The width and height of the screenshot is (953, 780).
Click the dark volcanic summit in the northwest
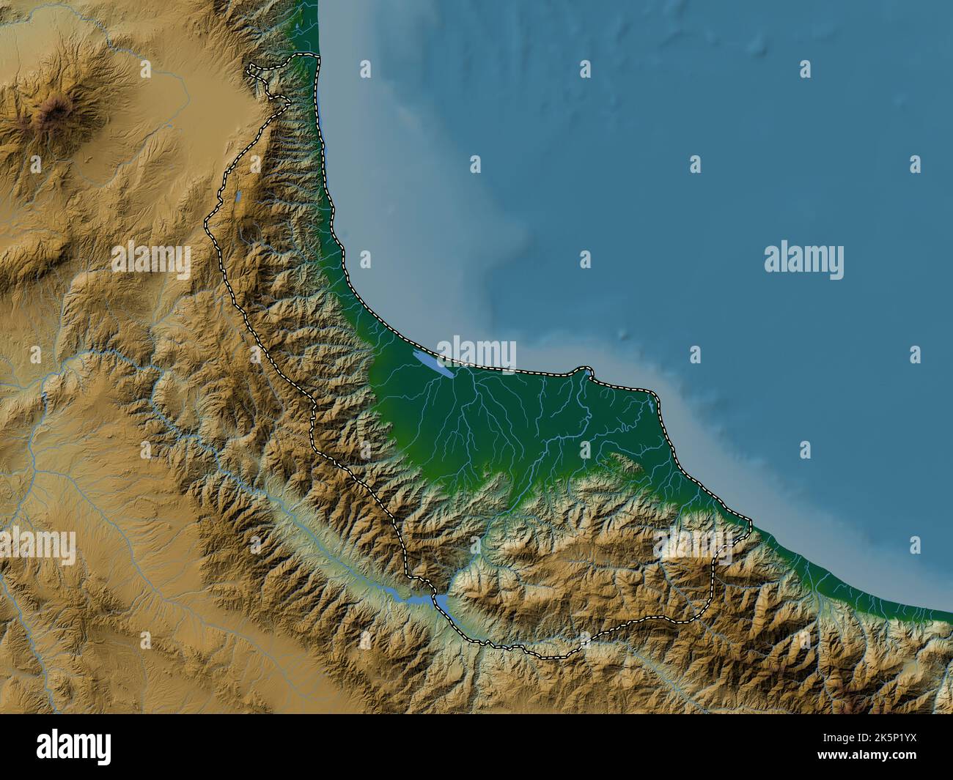coord(53,111)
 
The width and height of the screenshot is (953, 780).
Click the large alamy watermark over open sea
coord(803,260)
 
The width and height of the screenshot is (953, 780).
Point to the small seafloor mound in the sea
coord(625,334)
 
